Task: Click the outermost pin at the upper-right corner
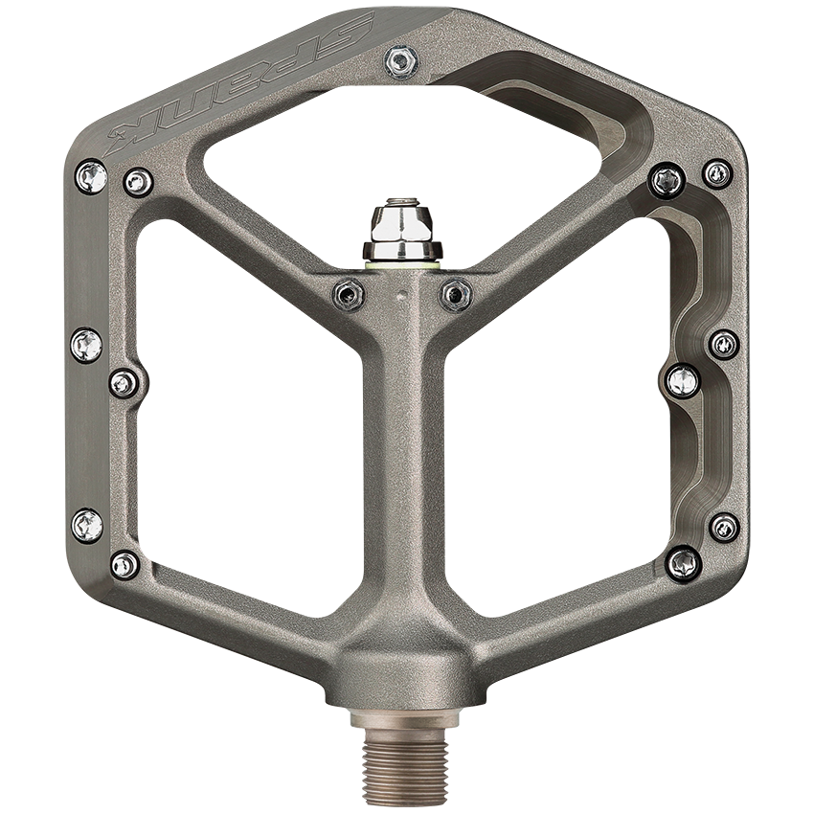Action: click(717, 173)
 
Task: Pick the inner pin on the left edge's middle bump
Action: click(124, 383)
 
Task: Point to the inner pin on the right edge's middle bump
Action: click(683, 380)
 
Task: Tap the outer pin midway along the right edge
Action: click(724, 344)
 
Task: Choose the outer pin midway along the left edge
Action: click(87, 343)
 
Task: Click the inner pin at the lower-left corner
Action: click(125, 564)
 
